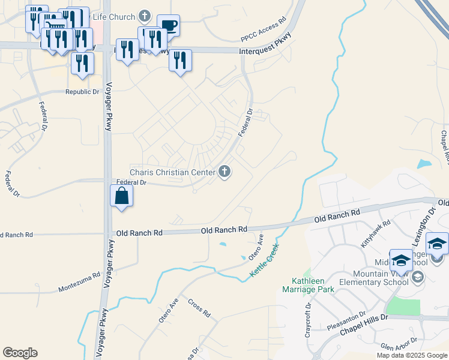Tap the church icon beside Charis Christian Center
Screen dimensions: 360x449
(x=225, y=172)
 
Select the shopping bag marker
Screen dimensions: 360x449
(x=121, y=196)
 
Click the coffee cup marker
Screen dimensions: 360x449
(x=168, y=26)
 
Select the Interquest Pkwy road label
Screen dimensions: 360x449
(x=265, y=52)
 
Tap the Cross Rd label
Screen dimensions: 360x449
(x=199, y=308)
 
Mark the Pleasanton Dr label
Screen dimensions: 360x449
(x=346, y=321)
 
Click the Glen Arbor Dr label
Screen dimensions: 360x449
(x=397, y=347)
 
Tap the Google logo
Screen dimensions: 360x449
(x=20, y=353)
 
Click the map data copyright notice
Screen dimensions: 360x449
(x=412, y=355)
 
